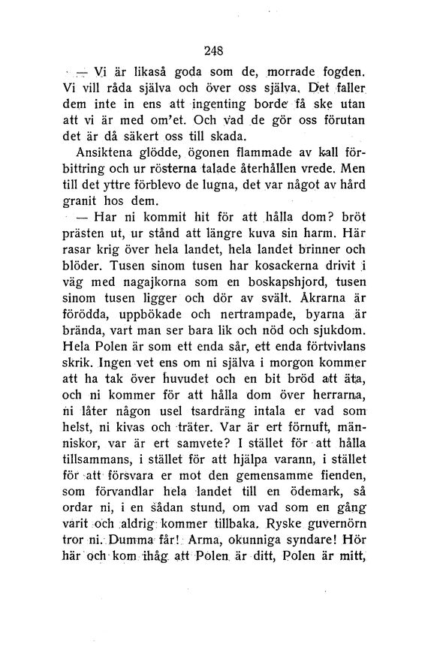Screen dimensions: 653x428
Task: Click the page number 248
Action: click(x=213, y=52)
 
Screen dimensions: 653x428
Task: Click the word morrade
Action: click(x=299, y=74)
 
